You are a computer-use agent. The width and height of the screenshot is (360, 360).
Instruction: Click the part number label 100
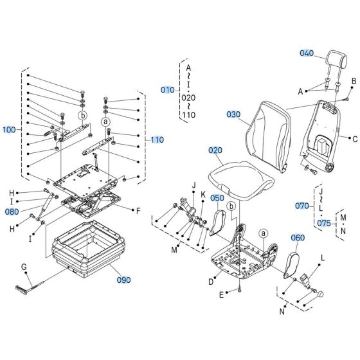[x=10, y=130]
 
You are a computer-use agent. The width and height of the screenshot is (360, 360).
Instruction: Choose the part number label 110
[x=157, y=139]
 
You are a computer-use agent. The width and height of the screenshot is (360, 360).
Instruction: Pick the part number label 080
[x=12, y=210]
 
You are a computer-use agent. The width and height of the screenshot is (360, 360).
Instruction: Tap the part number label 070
[x=302, y=206]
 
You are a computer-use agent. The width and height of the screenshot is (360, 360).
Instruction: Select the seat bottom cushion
[x=237, y=175]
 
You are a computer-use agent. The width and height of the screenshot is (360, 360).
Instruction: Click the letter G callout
[x=23, y=266]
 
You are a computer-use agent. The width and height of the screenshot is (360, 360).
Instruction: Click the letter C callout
[x=355, y=138]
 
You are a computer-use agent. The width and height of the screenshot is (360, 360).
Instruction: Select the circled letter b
[x=82, y=115]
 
